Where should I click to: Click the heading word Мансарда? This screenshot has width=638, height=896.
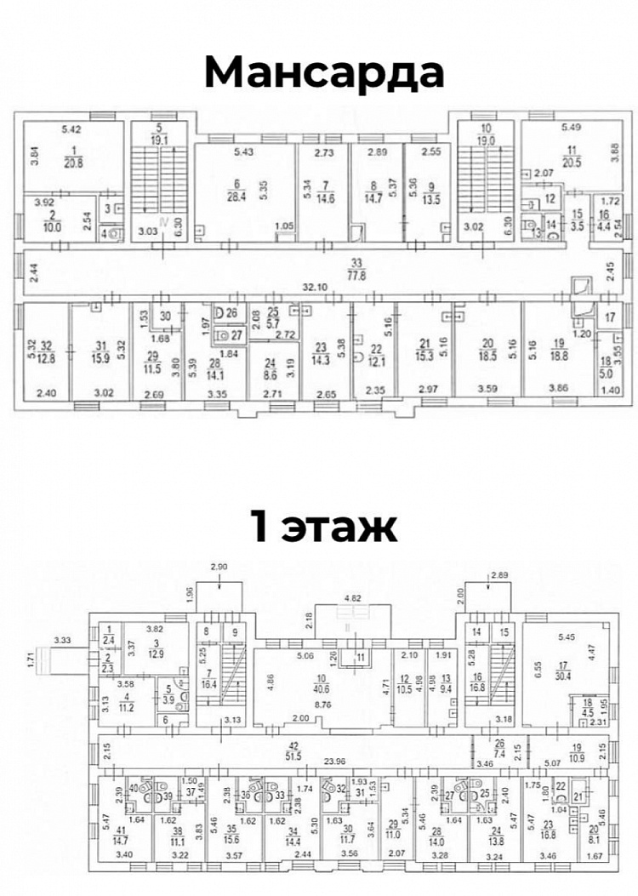coord(323,74)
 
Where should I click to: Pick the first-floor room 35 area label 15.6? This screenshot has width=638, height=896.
coord(227,835)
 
